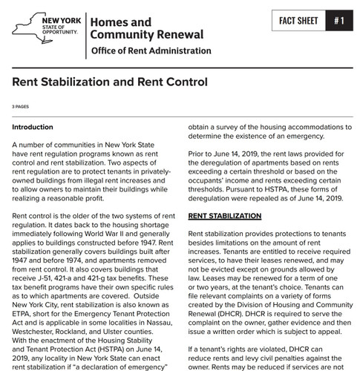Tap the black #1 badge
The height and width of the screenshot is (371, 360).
pos(338,21)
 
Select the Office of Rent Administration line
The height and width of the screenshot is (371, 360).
pos(150,51)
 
